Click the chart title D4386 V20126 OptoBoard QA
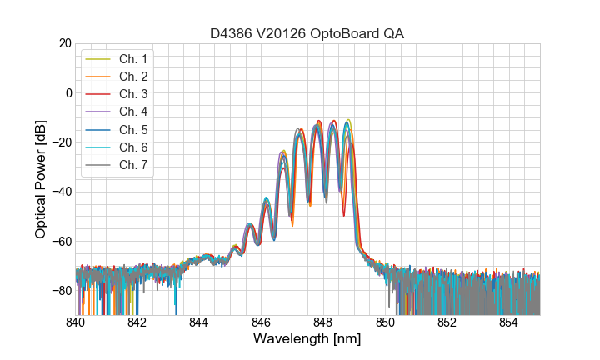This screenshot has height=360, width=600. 307,33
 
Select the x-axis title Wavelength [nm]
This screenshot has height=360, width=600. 307,339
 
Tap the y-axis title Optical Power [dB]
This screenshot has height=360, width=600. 41,179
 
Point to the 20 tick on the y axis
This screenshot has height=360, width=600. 64,43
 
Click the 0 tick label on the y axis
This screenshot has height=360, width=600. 67,92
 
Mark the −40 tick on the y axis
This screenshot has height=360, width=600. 61,192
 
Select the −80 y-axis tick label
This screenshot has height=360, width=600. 61,291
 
